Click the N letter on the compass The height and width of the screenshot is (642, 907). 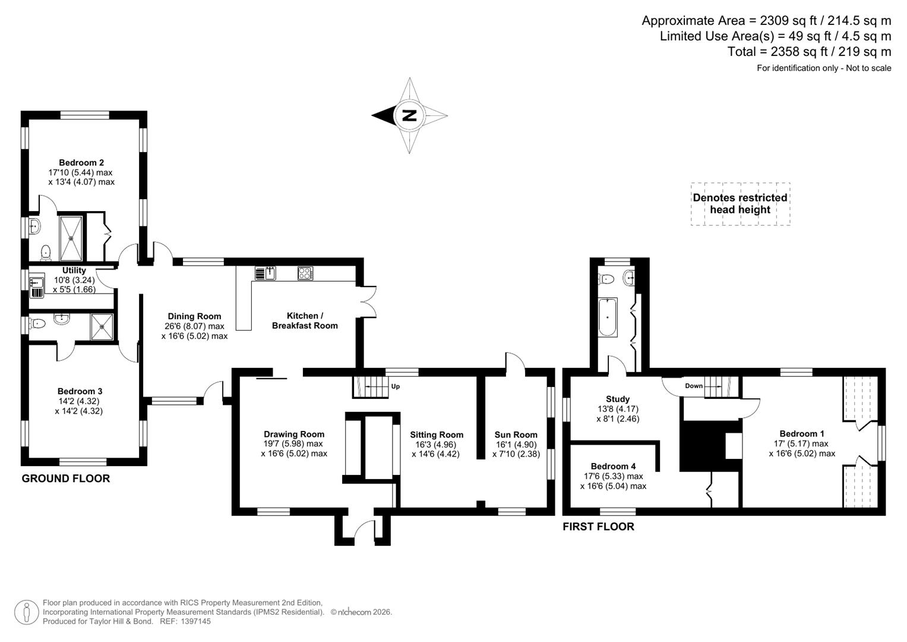409,115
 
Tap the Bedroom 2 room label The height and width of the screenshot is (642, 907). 81,163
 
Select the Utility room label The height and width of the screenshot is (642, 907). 74,270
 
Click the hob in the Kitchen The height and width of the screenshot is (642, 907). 305,273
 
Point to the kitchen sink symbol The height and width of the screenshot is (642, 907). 265,273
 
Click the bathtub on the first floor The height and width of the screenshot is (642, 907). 608,317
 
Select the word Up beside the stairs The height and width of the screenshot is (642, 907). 396,386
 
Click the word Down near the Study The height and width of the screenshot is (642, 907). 694,386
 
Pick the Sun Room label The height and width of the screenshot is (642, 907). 516,435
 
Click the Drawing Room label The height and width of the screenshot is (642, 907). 294,434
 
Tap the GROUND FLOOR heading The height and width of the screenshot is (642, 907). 66,479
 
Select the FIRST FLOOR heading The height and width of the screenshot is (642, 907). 598,527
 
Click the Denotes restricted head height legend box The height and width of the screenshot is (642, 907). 740,204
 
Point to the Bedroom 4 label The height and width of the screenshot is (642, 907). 613,467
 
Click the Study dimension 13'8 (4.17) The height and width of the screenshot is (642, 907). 618,409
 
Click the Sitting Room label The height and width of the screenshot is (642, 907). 437,435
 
